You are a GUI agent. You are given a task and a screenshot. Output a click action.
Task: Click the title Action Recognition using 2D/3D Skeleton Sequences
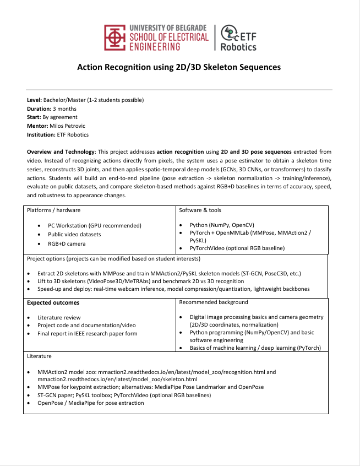click(x=179, y=67)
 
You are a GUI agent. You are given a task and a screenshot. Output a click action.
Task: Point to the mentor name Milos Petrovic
click(x=72, y=126)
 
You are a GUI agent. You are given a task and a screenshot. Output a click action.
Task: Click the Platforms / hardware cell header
click(x=53, y=210)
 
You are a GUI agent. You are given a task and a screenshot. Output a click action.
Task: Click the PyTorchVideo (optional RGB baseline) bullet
click(x=237, y=248)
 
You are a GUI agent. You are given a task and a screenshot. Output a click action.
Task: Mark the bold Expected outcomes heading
click(x=53, y=302)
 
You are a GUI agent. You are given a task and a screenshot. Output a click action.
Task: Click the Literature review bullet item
click(x=59, y=317)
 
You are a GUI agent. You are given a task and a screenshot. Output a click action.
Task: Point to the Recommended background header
click(x=214, y=302)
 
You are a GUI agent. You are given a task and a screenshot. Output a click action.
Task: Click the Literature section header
click(x=39, y=356)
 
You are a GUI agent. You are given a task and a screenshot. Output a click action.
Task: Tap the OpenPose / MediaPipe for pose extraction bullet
click(x=91, y=403)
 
